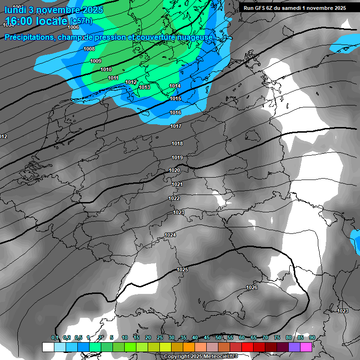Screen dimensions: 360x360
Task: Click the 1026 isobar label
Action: coord(252,287)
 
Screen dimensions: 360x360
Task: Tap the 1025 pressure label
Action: coord(182,270)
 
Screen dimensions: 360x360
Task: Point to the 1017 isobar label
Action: coord(176,127)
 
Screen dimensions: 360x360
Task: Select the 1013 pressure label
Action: coord(144,87)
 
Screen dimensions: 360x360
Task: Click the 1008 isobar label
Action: coord(89,49)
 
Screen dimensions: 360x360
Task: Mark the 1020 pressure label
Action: coord(174,170)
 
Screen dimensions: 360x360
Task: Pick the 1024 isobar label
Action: coord(170,235)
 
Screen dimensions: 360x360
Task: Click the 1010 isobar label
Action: coord(106,69)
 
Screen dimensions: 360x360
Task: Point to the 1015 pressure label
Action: coord(175,98)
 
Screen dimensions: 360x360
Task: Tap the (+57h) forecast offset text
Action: coord(81,21)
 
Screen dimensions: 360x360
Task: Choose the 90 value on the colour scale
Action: coord(312,337)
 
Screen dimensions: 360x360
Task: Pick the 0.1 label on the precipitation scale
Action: coord(55,337)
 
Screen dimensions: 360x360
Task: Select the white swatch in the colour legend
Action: coord(48,347)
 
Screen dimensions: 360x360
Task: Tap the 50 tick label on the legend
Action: coord(218,337)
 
